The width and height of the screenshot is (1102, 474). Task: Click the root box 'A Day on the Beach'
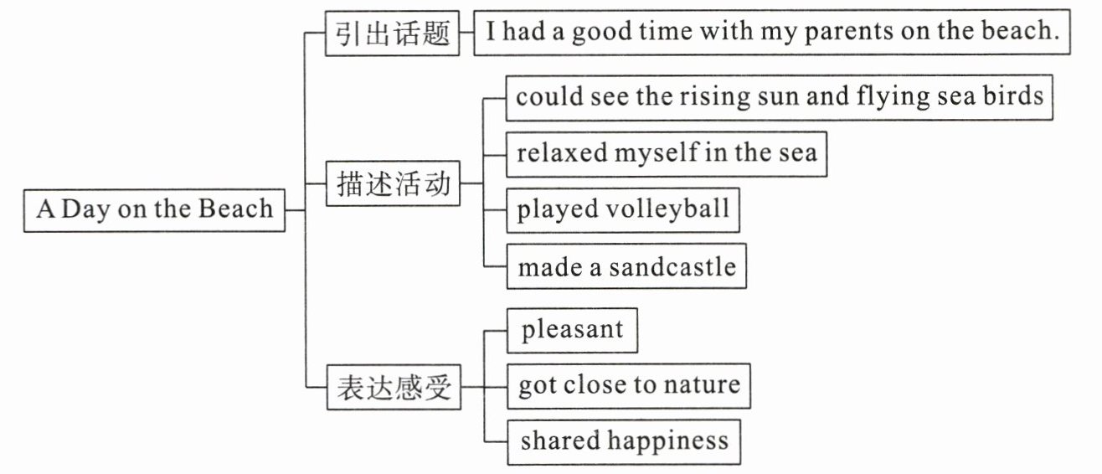(x=154, y=209)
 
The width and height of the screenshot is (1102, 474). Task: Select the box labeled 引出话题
(x=393, y=33)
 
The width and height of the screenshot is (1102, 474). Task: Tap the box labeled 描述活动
(x=393, y=183)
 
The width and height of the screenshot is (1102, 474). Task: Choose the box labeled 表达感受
(x=393, y=387)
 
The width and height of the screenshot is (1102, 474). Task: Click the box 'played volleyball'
(x=623, y=209)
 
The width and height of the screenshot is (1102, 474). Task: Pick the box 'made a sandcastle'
(x=626, y=267)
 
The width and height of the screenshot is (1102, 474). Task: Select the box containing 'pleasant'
(x=572, y=330)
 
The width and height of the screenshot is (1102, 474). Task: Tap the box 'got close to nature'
(x=628, y=385)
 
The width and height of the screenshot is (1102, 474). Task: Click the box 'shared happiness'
(x=624, y=441)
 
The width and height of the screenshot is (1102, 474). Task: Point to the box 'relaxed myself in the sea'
(x=667, y=154)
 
